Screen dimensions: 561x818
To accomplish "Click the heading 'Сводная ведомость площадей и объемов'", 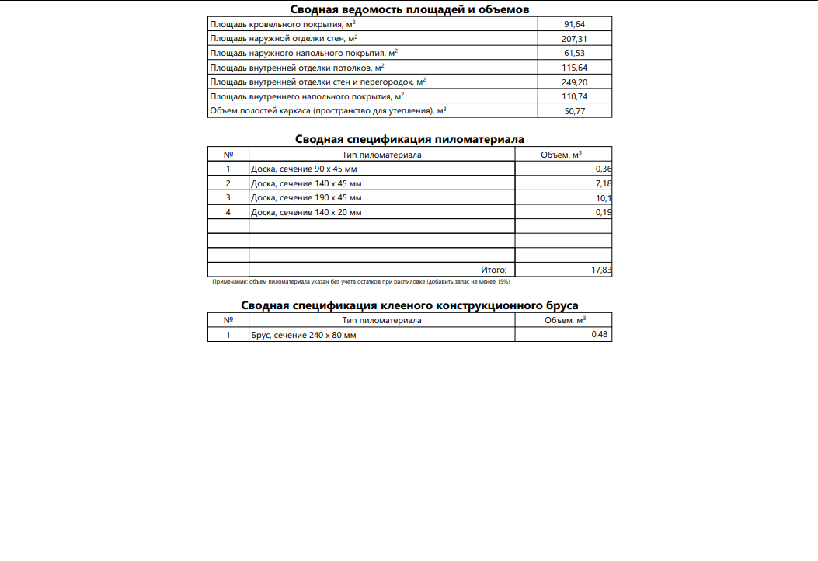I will click(x=409, y=9).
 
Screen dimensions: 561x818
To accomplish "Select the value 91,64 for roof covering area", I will click(x=574, y=24).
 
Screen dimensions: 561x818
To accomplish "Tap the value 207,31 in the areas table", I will click(x=574, y=39).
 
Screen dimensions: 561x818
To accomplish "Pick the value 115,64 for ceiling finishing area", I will click(x=574, y=68).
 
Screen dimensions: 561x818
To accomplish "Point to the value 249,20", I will click(x=574, y=82).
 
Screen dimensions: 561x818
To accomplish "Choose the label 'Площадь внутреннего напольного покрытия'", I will click(x=307, y=96).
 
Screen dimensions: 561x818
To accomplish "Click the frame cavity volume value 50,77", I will click(x=574, y=111).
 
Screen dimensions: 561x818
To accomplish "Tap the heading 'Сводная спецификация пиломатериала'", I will click(x=409, y=139).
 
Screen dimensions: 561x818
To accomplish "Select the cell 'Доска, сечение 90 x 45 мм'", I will click(x=304, y=169).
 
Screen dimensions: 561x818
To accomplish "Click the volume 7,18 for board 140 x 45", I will click(x=604, y=183).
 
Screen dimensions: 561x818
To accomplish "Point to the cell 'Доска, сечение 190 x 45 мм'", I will click(x=306, y=198).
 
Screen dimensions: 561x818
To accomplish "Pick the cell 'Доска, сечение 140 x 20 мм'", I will click(x=306, y=212).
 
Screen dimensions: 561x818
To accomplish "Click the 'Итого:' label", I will click(x=493, y=270).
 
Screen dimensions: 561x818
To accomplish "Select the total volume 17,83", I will click(x=601, y=270).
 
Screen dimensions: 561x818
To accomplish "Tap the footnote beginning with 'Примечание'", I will click(x=360, y=281).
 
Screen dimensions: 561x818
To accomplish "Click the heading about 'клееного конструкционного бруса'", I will click(x=409, y=305).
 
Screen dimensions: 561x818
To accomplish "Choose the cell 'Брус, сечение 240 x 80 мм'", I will click(x=304, y=335).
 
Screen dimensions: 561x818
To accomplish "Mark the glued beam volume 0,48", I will click(x=599, y=334).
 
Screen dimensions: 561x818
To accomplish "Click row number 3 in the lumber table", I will click(x=228, y=198).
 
